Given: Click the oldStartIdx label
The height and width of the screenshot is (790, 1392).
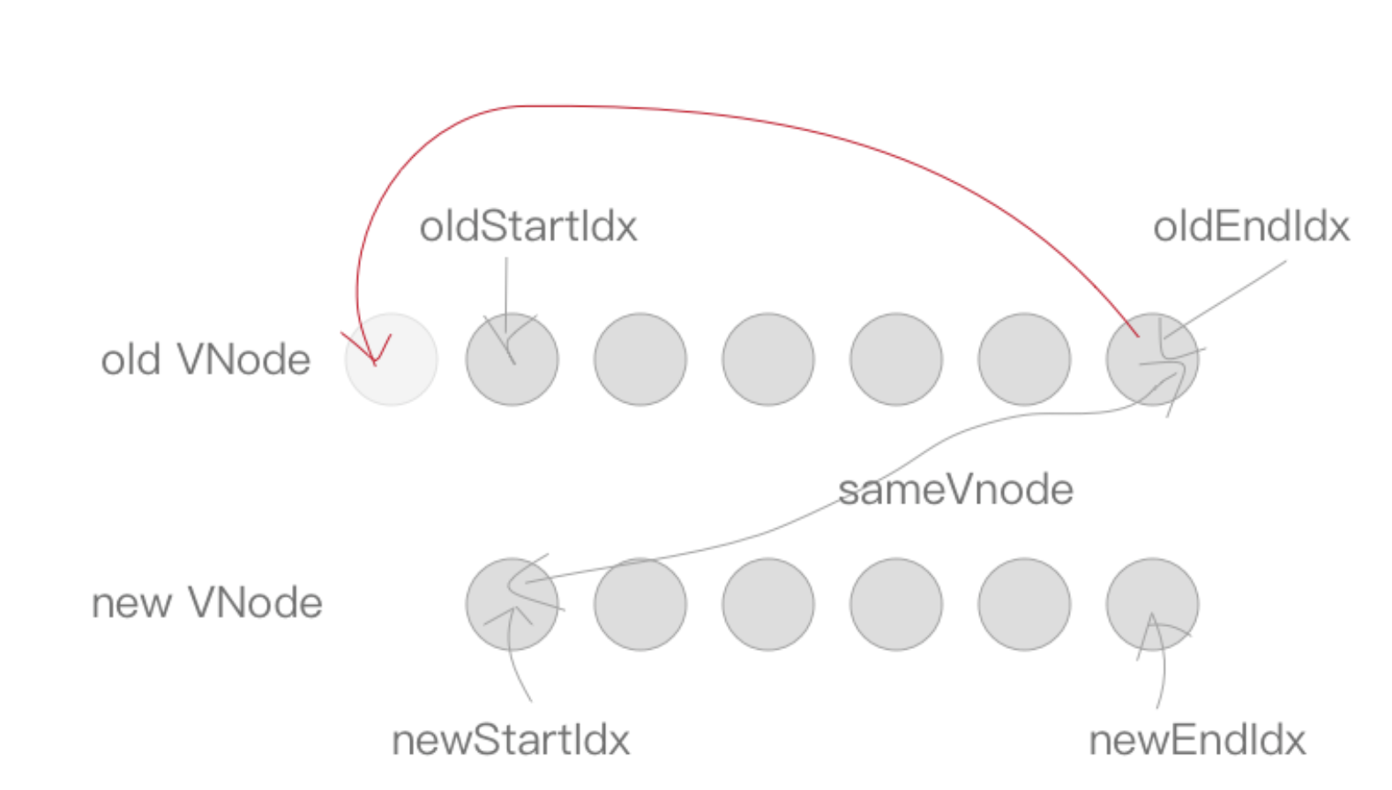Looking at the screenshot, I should [x=528, y=227].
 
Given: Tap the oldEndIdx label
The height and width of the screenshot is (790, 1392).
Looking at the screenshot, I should [x=1251, y=227].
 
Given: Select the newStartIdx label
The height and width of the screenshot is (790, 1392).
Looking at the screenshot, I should [x=511, y=740].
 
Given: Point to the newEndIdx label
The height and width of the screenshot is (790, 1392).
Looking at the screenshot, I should [x=1197, y=740].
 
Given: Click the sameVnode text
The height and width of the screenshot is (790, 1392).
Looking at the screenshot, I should [x=955, y=489].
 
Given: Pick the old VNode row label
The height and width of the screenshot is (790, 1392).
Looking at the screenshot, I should [x=206, y=360].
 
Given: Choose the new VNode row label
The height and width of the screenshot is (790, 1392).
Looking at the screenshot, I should [x=207, y=603].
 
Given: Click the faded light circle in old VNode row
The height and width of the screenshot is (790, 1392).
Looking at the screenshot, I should [x=391, y=359].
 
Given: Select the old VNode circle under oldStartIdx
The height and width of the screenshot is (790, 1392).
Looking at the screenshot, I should [x=512, y=359].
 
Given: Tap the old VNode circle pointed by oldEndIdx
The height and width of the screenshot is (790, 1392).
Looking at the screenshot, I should [x=1152, y=359].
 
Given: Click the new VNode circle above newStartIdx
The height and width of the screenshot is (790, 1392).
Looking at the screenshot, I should [x=512, y=604].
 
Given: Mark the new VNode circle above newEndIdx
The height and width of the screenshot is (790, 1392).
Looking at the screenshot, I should [x=1152, y=604].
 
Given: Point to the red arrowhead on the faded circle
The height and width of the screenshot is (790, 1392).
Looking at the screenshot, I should [x=374, y=357].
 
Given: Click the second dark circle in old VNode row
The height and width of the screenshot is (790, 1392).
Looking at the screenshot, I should [x=640, y=359].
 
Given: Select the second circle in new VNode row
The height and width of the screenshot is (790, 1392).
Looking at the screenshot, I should [x=640, y=604].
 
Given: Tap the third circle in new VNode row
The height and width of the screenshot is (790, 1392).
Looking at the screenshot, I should [x=768, y=604].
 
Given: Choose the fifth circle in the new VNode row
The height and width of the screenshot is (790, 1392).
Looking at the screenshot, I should [x=1024, y=604].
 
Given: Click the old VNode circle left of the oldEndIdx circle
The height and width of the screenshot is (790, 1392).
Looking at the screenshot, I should [x=1024, y=359].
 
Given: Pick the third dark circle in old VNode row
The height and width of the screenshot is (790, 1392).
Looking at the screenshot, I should [x=768, y=359].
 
